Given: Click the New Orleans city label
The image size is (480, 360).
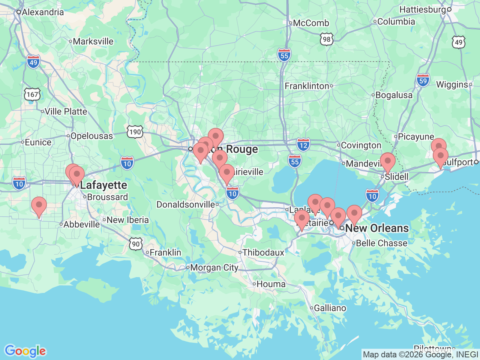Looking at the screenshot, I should coord(376,228).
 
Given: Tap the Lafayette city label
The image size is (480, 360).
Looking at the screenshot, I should coord(103,185).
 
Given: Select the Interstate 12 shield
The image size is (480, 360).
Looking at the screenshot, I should coord(303,145).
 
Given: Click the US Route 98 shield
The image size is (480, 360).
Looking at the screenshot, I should coord(327,39).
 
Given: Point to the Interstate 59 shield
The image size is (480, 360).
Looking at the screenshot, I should coord(423,81).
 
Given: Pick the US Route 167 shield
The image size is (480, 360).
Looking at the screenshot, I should coord(32,94).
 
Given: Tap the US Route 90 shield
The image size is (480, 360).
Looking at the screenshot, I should coord(136,244).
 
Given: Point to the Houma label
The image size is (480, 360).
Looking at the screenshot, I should coord(271,284).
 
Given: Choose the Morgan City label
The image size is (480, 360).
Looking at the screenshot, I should coord(214,268).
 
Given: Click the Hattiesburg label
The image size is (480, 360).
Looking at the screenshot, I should coord(423,9).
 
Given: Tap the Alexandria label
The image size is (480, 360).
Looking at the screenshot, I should coord(43,12).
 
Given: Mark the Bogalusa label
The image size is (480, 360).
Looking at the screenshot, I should coord(394,95).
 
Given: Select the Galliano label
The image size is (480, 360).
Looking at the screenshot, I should coord(330,308).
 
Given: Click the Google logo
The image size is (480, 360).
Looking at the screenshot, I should coord(25,351).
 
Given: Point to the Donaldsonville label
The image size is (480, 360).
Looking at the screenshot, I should coord(186,205).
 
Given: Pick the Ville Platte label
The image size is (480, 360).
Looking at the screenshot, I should coord(66,111).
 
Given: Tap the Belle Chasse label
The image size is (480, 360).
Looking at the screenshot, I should coord(381,243).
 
